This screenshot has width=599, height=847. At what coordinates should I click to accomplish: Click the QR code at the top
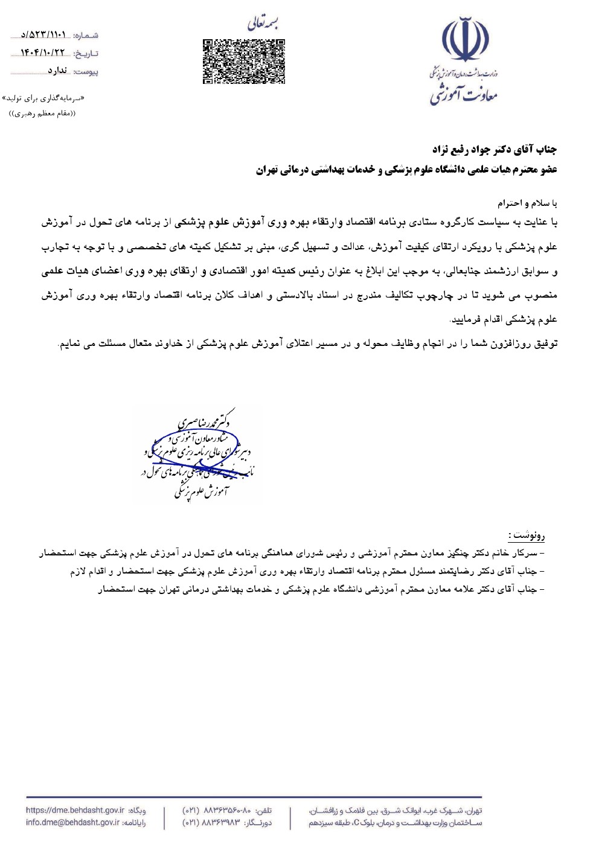point(243,61)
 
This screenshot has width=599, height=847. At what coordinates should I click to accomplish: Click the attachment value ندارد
point(57,71)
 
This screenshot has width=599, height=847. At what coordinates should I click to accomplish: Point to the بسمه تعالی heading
point(264,24)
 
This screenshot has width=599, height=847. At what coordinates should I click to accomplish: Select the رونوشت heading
point(527,535)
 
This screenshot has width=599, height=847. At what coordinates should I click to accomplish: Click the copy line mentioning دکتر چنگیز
point(292,552)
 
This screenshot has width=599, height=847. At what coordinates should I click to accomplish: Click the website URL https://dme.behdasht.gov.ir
point(75,811)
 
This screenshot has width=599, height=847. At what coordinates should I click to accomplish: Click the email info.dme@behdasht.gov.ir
point(72,822)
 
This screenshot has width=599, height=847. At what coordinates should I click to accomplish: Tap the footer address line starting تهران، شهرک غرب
point(396,811)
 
